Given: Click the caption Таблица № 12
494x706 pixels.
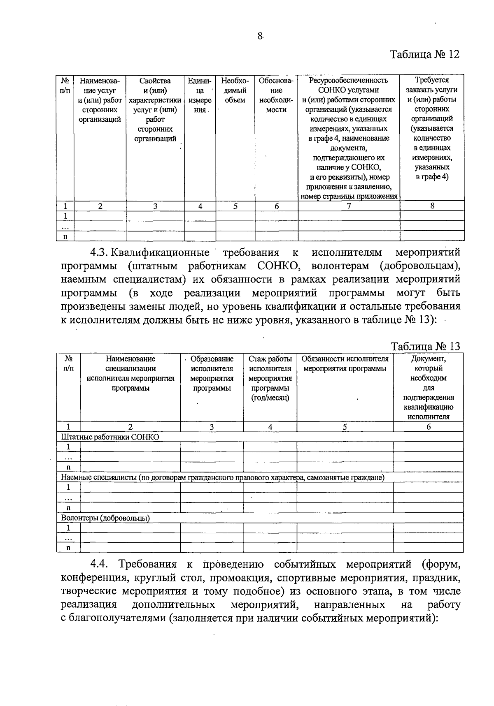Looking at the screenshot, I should pyautogui.click(x=424, y=54).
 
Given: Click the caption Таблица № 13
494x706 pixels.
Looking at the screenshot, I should pyautogui.click(x=426, y=346).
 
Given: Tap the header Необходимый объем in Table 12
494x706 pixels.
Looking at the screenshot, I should pyautogui.click(x=235, y=90).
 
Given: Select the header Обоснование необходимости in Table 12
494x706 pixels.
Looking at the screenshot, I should pyautogui.click(x=276, y=95).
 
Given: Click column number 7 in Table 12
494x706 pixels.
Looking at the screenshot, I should pyautogui.click(x=349, y=206).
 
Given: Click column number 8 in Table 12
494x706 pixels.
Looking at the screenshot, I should pyautogui.click(x=432, y=206).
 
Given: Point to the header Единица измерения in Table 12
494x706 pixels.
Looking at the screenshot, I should pyautogui.click(x=200, y=95).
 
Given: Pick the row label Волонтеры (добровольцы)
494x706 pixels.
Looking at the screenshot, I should pyautogui.click(x=105, y=518).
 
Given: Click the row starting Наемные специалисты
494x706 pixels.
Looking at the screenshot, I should pyautogui.click(x=222, y=477).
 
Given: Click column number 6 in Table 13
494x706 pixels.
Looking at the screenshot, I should pyautogui.click(x=428, y=427).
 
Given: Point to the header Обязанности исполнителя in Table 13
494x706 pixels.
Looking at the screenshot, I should pyautogui.click(x=345, y=363).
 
